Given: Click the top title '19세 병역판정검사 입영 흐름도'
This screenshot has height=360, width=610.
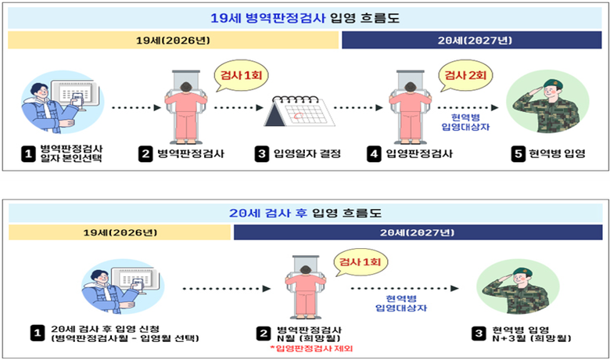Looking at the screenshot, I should pos(305,18).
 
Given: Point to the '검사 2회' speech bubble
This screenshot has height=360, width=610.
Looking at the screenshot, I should pos(465,76).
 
